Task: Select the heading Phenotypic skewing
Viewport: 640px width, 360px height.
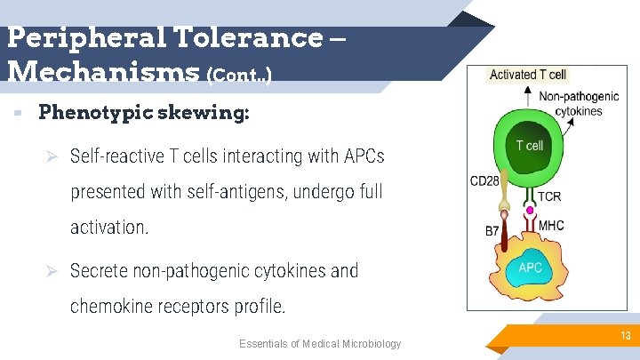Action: click(x=144, y=113)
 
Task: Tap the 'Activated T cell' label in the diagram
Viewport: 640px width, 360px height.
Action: click(x=528, y=75)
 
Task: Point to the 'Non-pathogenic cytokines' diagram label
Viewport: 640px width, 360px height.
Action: click(x=578, y=105)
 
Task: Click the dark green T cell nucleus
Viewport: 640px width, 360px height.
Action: click(x=530, y=145)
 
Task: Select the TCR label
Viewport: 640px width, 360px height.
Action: click(x=549, y=196)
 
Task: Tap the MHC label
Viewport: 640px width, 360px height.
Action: click(x=551, y=226)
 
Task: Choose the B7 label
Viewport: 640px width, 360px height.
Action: click(x=492, y=231)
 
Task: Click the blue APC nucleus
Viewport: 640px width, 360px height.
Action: click(x=530, y=267)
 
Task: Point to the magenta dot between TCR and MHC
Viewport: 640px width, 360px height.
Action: click(x=531, y=211)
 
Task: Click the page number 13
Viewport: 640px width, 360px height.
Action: click(x=626, y=336)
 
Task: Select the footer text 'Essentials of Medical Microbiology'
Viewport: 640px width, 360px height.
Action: click(x=320, y=344)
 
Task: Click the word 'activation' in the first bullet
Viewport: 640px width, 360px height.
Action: click(x=108, y=228)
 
